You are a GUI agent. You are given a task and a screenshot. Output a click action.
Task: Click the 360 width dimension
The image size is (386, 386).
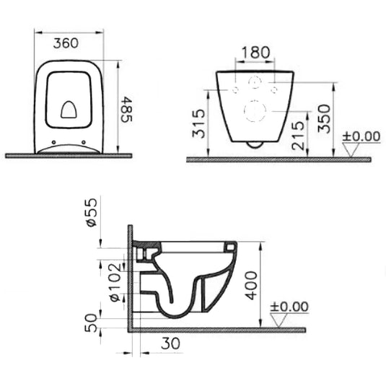[66, 43]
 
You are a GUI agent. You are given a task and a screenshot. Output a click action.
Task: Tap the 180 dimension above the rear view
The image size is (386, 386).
[255, 53]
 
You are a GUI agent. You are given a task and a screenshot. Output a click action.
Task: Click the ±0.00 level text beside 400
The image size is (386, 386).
[289, 307]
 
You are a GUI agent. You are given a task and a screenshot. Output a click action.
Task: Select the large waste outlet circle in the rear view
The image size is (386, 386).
[254, 110]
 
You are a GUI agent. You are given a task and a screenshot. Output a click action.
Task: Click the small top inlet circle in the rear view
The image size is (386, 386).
[254, 82]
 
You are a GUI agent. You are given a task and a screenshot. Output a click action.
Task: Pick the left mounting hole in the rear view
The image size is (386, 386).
[236, 89]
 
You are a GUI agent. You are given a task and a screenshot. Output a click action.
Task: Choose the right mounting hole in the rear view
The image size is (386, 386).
[273, 89]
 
